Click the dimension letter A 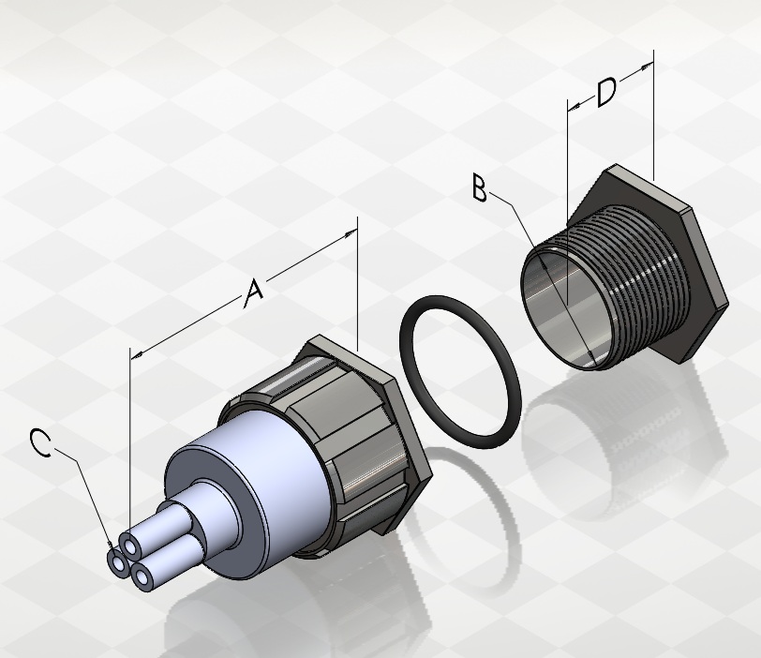point(253,293)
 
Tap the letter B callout point(480,188)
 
